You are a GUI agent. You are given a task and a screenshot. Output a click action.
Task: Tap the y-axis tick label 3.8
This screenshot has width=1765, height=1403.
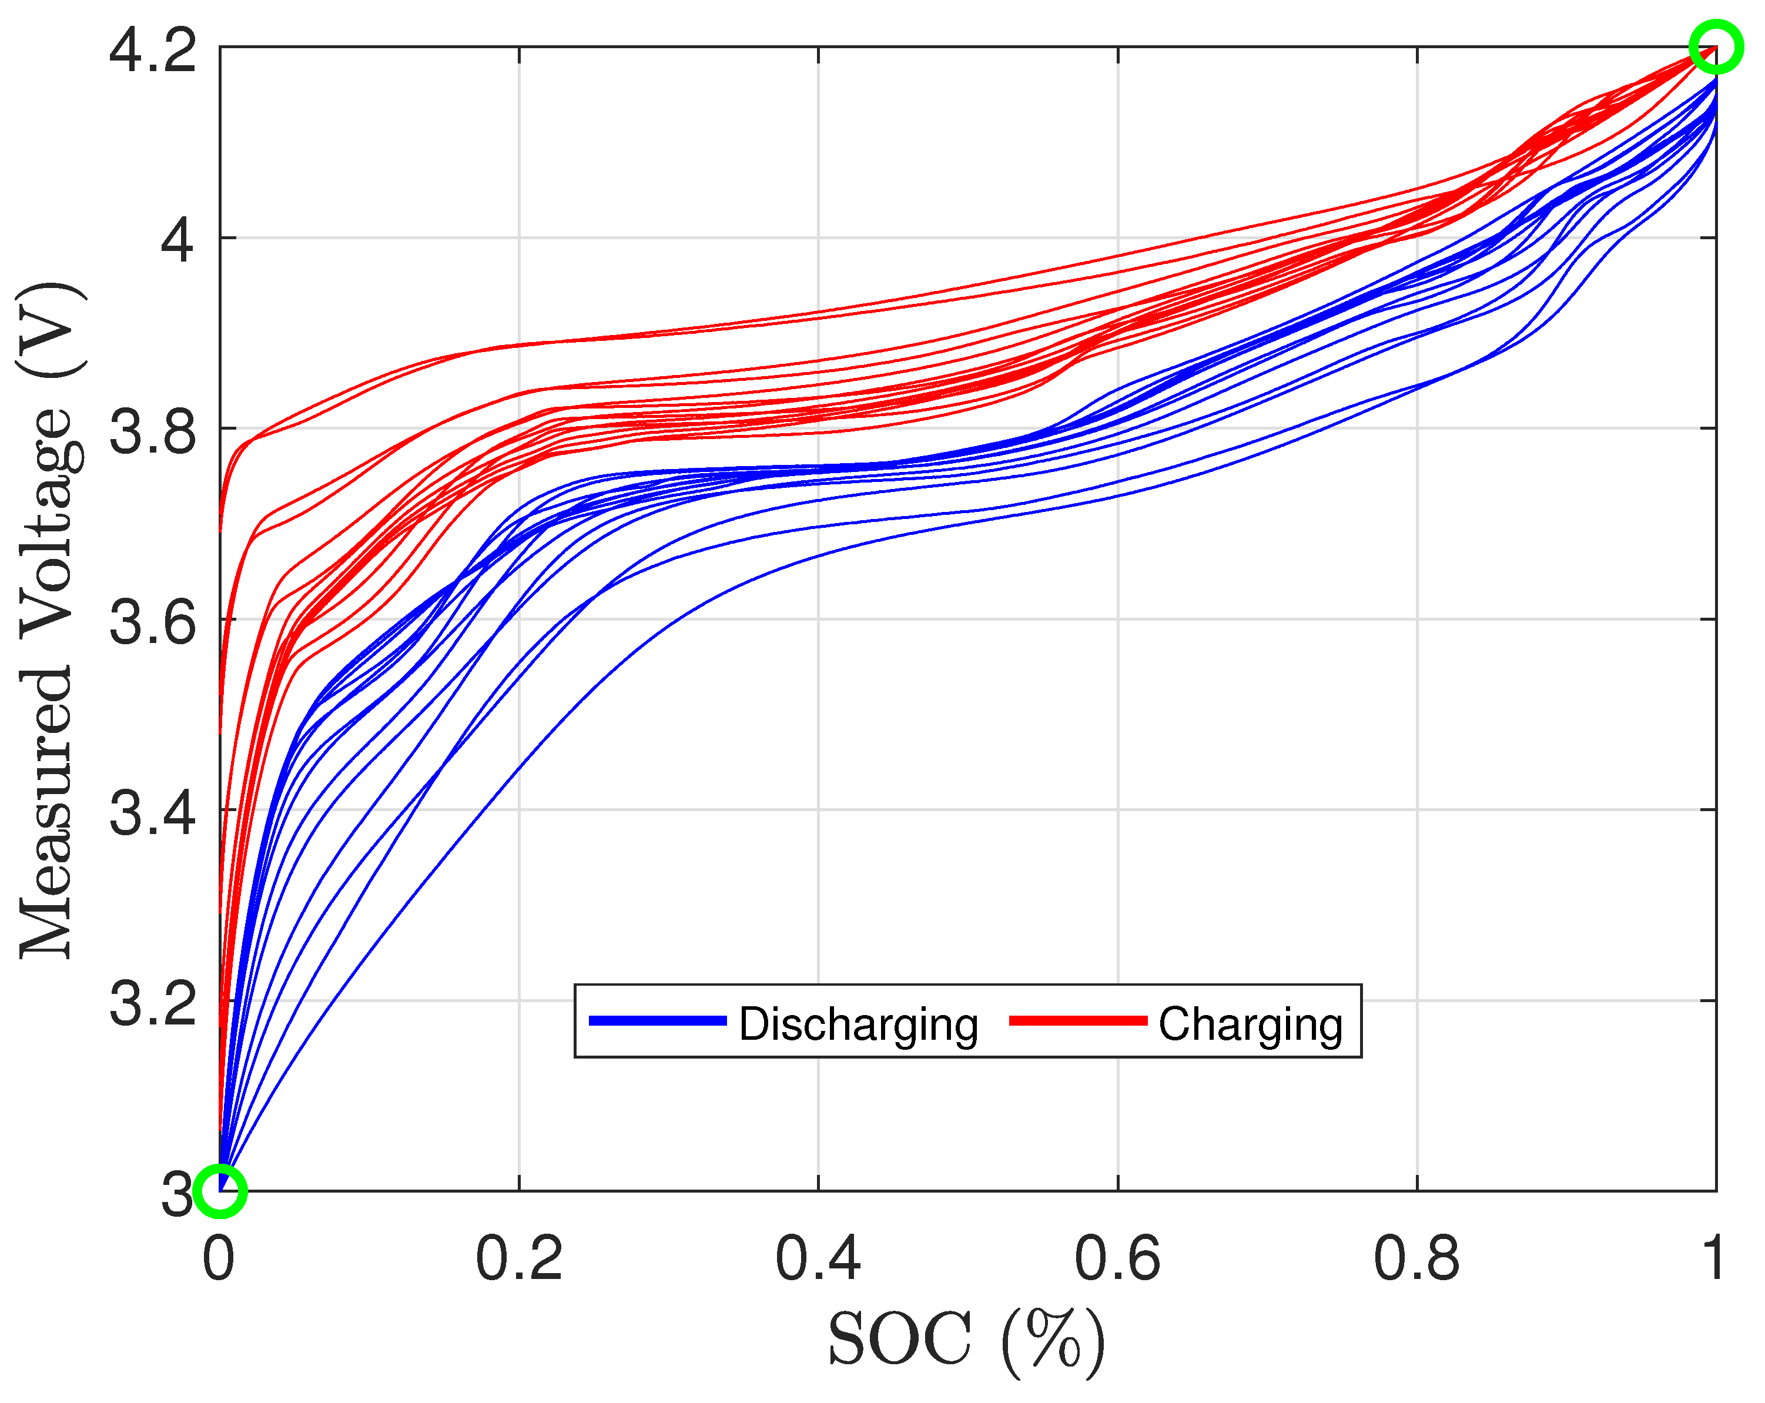[152, 431]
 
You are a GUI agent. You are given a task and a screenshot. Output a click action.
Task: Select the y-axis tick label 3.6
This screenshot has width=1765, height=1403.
[152, 622]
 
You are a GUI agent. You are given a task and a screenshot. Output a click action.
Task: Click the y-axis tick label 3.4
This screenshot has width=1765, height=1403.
[152, 813]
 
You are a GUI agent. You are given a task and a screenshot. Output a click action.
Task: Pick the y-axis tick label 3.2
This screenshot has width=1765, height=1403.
[152, 1003]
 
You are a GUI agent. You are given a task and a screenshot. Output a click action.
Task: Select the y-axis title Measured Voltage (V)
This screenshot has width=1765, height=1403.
[49, 619]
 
